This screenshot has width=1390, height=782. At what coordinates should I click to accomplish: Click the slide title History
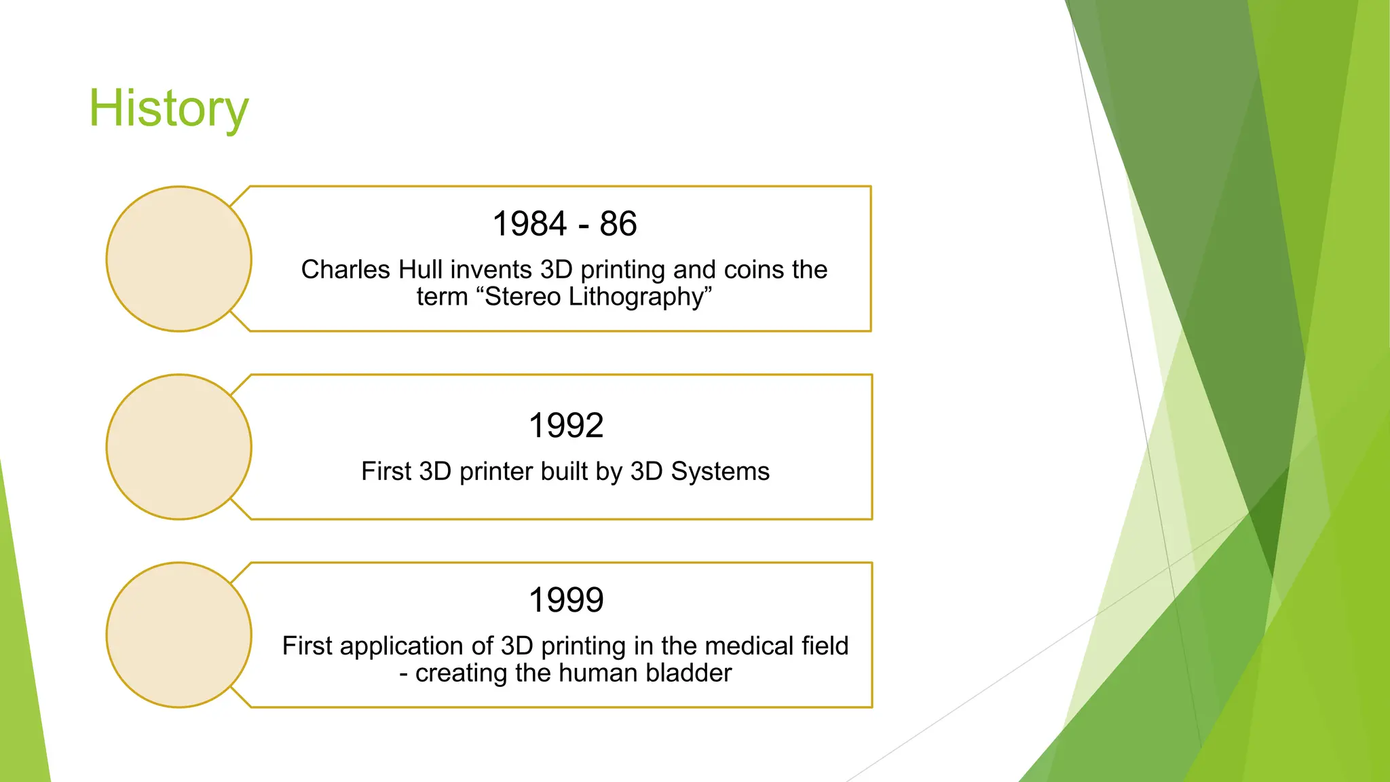[x=169, y=109]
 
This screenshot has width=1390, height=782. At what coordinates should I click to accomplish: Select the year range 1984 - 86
[x=565, y=224]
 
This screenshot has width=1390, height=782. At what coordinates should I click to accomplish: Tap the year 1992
[x=566, y=426]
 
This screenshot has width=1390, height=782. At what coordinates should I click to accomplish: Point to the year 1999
[x=566, y=600]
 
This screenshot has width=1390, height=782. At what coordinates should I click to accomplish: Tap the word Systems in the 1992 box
[x=720, y=471]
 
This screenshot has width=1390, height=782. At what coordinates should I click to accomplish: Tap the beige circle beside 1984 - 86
[x=179, y=259]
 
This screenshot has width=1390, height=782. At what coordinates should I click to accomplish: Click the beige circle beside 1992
[x=179, y=447]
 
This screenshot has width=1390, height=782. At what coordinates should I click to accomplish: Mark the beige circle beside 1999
[x=179, y=635]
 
